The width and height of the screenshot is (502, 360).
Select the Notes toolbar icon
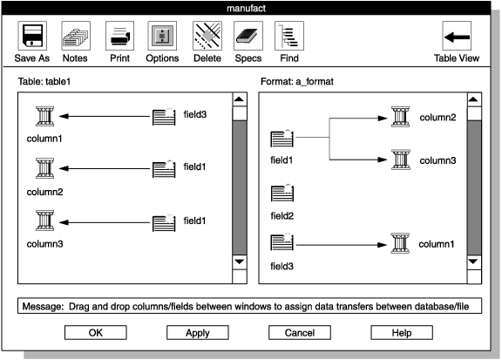[x=76, y=37]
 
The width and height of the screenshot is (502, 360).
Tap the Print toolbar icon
[x=119, y=37]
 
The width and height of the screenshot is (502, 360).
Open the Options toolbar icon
[x=162, y=37]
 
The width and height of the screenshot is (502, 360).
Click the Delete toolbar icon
[x=206, y=37]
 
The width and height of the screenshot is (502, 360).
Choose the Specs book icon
[x=248, y=37]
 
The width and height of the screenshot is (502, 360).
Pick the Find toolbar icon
[x=289, y=37]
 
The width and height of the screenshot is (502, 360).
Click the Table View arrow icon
[x=457, y=37]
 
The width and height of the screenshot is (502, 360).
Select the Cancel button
[x=299, y=332]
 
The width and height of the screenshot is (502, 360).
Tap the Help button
[x=402, y=332]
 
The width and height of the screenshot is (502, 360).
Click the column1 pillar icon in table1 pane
[x=44, y=117]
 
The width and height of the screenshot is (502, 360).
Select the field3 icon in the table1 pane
[x=165, y=117]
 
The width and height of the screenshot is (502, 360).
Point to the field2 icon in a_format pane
[x=283, y=194]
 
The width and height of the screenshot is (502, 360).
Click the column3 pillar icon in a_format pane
[x=401, y=160]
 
